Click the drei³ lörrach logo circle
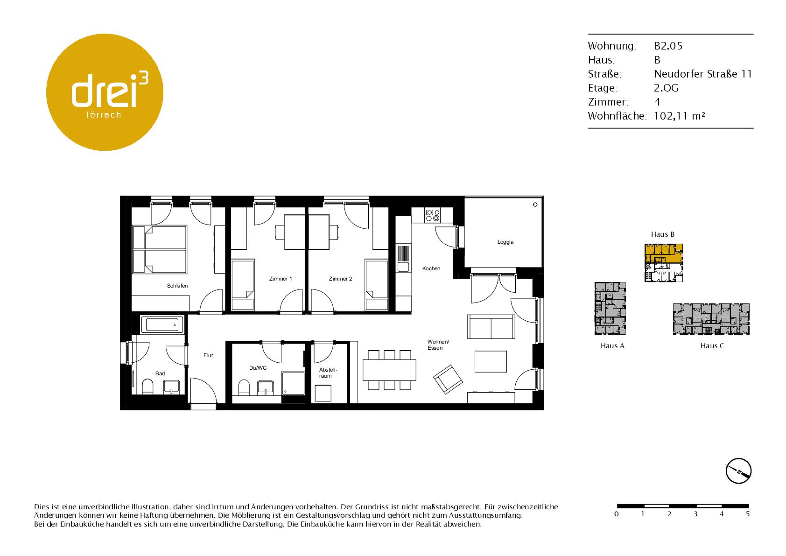pos(105,92)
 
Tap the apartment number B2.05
pos(668,46)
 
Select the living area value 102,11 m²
pos(679,116)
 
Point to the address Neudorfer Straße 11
pos(703,74)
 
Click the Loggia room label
pos(505,242)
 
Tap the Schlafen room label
pos(177,286)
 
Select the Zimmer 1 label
pos(281,279)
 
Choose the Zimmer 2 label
pos(340,279)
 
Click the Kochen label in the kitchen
pos(431,268)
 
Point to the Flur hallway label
pos(209,355)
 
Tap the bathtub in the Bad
pos(162,325)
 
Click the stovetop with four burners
pos(432,215)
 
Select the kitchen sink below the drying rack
pos(403,267)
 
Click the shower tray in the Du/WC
pos(293,383)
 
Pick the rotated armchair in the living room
pos(448,379)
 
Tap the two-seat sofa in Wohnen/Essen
pos(491,327)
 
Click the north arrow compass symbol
pos(739,471)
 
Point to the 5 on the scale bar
pos(748,514)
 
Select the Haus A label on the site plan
pos(612,346)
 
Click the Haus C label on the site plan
pos(712,346)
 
